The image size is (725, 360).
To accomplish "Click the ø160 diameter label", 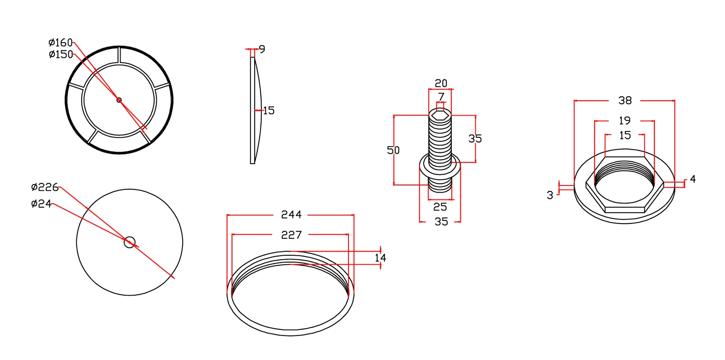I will point(60,43).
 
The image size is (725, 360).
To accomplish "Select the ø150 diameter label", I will point(61,54).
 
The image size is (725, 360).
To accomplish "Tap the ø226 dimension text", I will point(45,187).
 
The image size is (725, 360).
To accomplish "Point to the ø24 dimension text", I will point(41,204).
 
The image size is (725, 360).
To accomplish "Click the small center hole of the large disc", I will point(130,242).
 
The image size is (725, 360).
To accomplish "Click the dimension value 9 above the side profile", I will point(262,49).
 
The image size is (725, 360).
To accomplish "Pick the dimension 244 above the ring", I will point(291,214).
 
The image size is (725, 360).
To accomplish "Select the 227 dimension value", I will point(291,235).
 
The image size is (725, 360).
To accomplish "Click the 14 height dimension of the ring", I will point(380,258).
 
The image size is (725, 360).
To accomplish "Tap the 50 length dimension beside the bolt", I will point(393,150).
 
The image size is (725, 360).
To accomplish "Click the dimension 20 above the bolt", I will point(441,83).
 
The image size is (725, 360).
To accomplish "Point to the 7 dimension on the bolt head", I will point(441,97).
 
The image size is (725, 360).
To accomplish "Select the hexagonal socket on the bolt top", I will point(440,116).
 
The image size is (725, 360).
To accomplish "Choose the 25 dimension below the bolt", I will point(440,207).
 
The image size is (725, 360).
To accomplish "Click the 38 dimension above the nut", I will point(625,101).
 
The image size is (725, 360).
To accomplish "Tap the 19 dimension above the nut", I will point(625,121).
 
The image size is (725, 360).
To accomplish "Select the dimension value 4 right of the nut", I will point(692,180).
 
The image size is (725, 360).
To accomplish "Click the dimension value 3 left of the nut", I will point(550,195).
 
